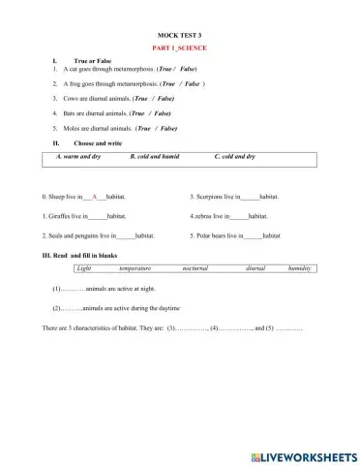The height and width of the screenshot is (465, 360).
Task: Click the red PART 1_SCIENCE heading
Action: pos(180,47)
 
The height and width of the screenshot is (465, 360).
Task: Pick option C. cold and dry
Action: pos(235,156)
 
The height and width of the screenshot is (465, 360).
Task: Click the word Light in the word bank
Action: pos(83,267)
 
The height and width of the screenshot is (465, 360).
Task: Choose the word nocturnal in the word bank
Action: pos(195,267)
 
